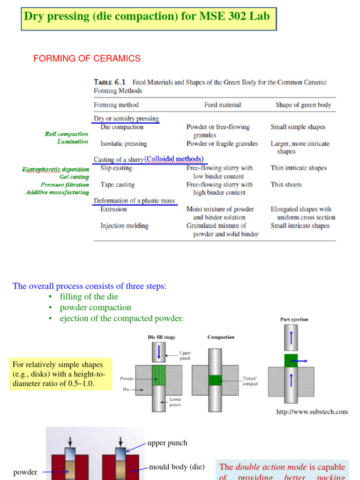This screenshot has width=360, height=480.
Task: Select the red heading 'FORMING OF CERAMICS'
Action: (87, 59)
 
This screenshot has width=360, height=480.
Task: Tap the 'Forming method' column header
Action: (116, 105)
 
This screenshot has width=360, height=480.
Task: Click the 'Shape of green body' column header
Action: (303, 105)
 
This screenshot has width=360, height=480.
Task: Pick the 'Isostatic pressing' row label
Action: (124, 143)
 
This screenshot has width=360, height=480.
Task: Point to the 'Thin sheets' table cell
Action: (286, 185)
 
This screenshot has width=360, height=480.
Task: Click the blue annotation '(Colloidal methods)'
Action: (174, 159)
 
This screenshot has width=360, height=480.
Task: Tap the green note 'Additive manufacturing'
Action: (57, 192)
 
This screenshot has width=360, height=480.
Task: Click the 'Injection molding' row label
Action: (124, 226)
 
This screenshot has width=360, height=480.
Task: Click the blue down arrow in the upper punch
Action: (159, 352)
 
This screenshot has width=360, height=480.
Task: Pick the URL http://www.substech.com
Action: (312, 412)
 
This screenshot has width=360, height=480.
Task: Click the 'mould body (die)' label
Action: (177, 467)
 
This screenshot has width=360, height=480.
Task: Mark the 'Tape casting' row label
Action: (117, 185)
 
